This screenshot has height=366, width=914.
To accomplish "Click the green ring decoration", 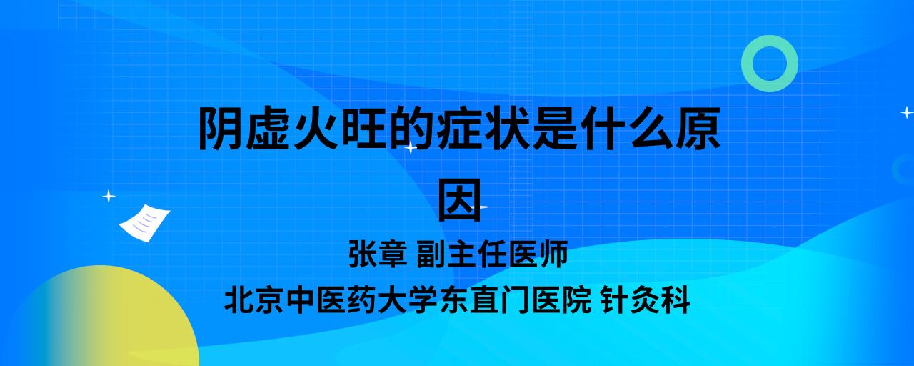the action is click(746, 64).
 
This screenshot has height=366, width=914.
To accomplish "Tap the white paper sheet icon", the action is click(144, 223).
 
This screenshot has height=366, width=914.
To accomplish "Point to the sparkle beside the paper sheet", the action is click(109, 197).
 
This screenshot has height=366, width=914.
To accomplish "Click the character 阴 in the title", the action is click(220, 128).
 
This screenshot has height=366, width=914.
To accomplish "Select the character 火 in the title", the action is click(316, 128).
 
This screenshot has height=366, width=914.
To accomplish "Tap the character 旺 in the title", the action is click(363, 128).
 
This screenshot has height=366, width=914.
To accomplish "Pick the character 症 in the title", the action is click(458, 128).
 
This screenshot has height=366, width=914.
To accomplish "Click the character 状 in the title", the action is click(506, 128).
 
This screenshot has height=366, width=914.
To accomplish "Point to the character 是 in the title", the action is click(554, 128).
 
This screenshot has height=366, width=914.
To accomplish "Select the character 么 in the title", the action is click(650, 128).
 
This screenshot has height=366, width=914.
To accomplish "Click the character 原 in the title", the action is click(698, 128).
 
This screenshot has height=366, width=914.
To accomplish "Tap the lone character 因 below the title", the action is click(459, 200).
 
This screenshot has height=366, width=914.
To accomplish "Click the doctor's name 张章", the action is click(378, 254).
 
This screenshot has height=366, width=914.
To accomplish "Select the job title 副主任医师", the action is click(492, 254).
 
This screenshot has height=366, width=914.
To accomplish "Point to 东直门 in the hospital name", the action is click(485, 300).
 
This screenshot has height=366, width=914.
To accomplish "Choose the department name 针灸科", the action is click(646, 300).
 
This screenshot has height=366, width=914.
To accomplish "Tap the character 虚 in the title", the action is click(268, 128).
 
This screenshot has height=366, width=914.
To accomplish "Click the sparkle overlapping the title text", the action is click(411, 147).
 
